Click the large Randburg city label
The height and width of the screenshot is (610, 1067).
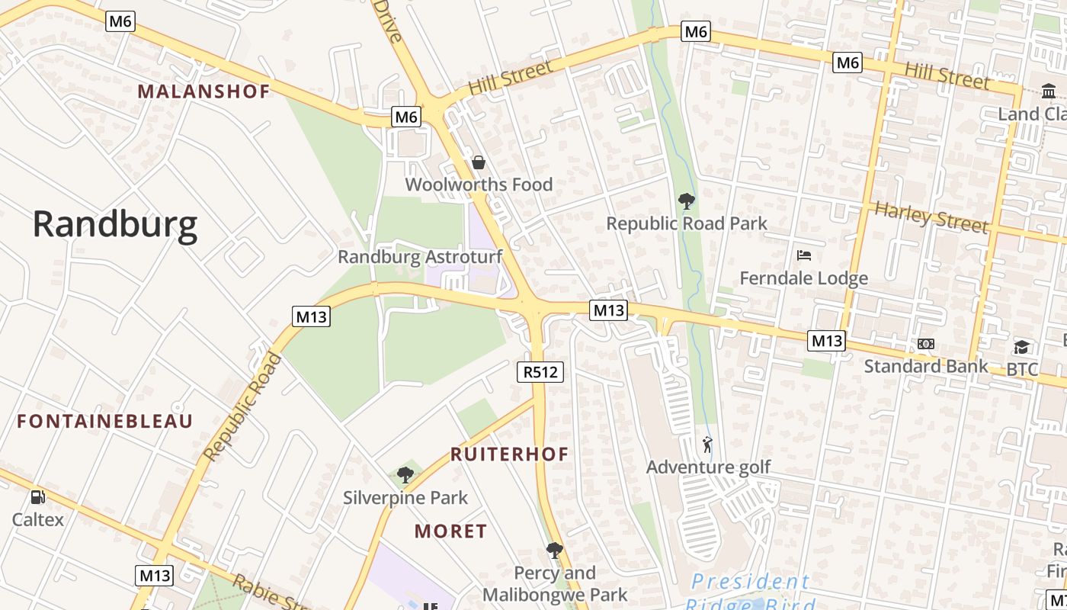(115, 225)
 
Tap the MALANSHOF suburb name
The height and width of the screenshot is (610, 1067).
(203, 91)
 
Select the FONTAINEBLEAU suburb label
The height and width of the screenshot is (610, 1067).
(105, 421)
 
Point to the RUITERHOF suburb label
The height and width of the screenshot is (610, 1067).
(509, 454)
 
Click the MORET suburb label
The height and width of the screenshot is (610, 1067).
(450, 531)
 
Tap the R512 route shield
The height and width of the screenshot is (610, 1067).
(541, 372)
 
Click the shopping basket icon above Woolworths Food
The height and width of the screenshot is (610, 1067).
(479, 162)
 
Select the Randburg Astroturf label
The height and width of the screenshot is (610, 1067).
(420, 257)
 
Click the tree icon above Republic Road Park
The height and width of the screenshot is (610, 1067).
(687, 201)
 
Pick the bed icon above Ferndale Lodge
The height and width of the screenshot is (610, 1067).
(804, 255)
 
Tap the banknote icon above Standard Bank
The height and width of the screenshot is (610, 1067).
(926, 344)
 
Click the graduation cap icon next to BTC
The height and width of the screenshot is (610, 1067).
(1021, 348)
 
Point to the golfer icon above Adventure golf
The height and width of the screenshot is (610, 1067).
(708, 445)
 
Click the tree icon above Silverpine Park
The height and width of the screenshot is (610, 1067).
(405, 476)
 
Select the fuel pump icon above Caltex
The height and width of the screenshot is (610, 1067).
(37, 497)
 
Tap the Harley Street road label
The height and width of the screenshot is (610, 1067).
(931, 217)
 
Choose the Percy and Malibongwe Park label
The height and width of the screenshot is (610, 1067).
(555, 584)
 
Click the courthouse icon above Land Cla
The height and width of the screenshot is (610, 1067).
(1049, 92)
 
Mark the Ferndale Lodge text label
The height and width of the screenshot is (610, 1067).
(804, 278)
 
